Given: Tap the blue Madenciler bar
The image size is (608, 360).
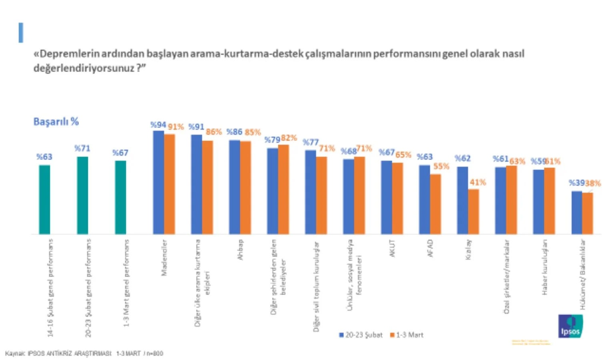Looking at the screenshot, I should pos(159,182).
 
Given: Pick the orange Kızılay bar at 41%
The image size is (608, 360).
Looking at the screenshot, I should pos(474,212).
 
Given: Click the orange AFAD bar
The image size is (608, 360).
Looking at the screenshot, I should pos(435,204).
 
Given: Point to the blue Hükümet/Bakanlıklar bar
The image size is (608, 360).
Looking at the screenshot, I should pos(576,212).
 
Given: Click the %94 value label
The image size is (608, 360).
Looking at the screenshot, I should pos(158,125).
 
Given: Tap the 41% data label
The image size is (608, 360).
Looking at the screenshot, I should pos(478,182).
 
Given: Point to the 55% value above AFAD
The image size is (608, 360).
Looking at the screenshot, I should pos(441,166).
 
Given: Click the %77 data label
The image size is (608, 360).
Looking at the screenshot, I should pos(311,142).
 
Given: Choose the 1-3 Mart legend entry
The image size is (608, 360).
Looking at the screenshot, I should pos(407,335).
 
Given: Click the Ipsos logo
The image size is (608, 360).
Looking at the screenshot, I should pos(570,326).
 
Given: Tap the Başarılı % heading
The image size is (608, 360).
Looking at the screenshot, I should pos(56,122).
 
